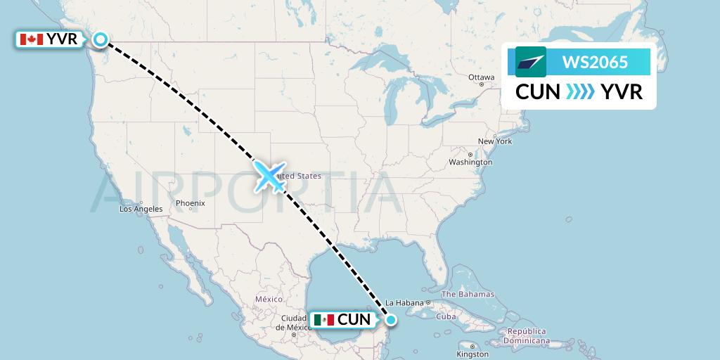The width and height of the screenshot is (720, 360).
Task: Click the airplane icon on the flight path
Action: pyautogui.click(x=269, y=176)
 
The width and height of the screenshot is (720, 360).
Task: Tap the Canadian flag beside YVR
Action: pyautogui.click(x=31, y=40)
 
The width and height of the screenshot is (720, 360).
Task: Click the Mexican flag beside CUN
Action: pyautogui.click(x=325, y=320)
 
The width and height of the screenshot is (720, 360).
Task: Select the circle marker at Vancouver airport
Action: pyautogui.click(x=101, y=40)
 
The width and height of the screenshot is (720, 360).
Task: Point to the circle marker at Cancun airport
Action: pyautogui.click(x=391, y=320)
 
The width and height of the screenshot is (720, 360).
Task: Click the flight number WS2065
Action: pyautogui.click(x=595, y=63)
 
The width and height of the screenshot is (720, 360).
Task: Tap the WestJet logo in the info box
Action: pyautogui.click(x=531, y=63)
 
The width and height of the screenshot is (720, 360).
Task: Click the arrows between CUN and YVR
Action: pyautogui.click(x=579, y=92)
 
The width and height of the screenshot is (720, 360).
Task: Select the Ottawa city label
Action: pyautogui.click(x=482, y=77)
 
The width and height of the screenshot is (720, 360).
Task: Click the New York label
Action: pyautogui.click(x=494, y=141)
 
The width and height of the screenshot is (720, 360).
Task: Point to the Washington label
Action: pyautogui.click(x=470, y=162)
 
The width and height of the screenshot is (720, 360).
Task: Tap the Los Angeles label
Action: pyautogui.click(x=141, y=209)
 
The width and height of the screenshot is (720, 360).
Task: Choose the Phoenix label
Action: pyautogui.click(x=190, y=203)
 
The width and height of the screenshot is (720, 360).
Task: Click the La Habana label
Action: pyautogui.click(x=403, y=303)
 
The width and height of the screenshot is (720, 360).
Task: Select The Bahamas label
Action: pyautogui.click(x=468, y=295)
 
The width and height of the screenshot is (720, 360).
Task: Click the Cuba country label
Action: pyautogui.click(x=446, y=316)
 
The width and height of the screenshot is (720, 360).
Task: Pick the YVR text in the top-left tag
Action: pyautogui.click(x=62, y=40)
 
